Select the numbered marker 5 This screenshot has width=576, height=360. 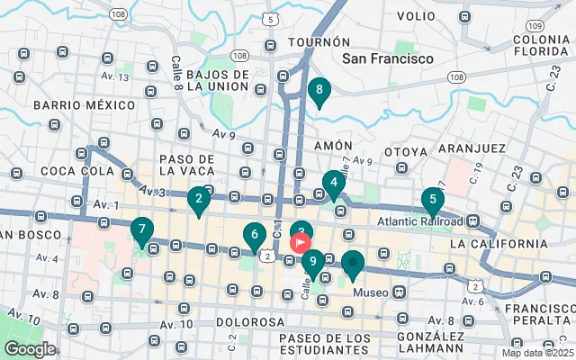pos(433,201)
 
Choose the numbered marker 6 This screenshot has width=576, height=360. pos(255,236)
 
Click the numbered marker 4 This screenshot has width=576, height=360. pos(335,183)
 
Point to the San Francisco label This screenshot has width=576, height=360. pos(388,58)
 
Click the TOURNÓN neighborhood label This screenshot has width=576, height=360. pos(319,42)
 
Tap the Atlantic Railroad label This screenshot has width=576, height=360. pos(420,221)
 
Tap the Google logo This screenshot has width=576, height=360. pos(30,348)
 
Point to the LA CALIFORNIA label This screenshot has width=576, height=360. pos(493,244)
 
